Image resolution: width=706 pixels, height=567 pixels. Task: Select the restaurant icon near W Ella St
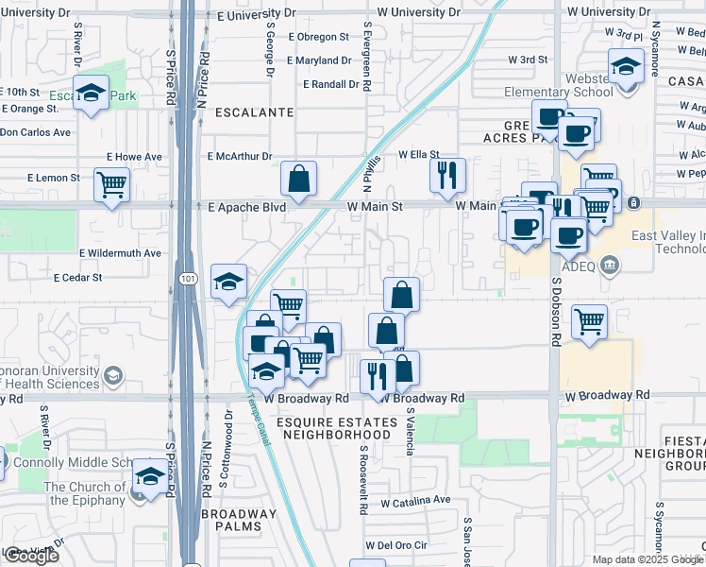click(447, 174)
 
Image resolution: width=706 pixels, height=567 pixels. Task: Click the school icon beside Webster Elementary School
click(625, 68)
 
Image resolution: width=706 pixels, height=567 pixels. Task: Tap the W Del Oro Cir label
click(396, 545)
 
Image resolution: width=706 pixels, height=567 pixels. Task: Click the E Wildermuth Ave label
click(120, 253)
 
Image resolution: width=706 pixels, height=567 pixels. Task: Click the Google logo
click(31, 556)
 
